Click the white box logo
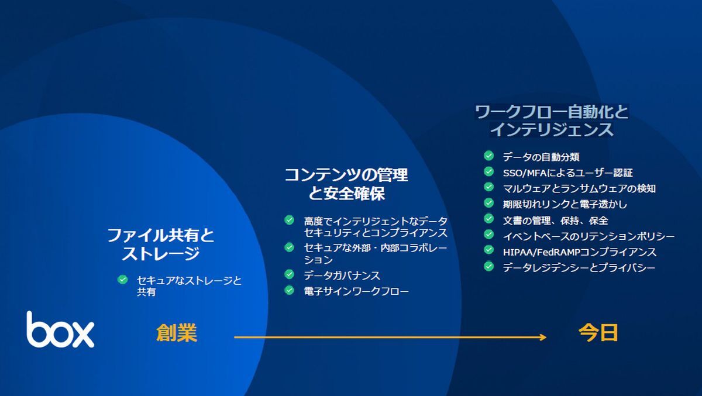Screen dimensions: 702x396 point(60,329)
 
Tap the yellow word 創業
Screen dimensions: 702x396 point(177,333)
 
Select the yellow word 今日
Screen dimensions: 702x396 point(598,333)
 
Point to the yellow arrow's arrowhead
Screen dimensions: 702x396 point(543,337)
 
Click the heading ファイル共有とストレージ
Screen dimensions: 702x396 point(160,245)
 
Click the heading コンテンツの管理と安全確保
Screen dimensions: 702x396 point(346,184)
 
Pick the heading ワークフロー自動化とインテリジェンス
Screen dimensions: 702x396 point(552,121)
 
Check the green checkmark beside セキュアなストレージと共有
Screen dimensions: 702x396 point(122,280)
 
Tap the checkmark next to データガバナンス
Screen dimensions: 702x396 point(289,274)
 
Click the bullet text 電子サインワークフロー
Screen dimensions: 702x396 point(356,291)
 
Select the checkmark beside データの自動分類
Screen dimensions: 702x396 point(488,156)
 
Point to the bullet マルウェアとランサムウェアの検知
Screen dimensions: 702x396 point(579,188)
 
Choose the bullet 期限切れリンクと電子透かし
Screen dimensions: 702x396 point(565,205)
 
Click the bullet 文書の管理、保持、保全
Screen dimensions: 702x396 point(555,221)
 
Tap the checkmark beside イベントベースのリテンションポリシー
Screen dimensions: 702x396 point(488,235)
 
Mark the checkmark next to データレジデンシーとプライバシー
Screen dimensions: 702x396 point(488,266)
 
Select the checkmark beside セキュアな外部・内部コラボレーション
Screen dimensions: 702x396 point(289,247)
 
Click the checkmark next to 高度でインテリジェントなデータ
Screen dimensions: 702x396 point(289,221)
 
